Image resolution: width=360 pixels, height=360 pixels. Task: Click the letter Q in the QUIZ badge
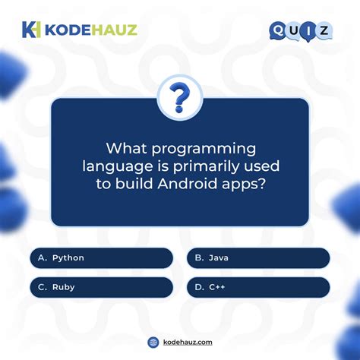(279, 30)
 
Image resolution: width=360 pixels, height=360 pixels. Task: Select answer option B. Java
(258, 258)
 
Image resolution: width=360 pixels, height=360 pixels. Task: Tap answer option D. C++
(258, 287)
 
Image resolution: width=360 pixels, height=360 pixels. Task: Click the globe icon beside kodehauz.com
(153, 343)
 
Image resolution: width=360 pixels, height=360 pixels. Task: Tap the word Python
(68, 258)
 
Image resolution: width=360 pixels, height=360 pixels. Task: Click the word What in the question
(127, 148)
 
